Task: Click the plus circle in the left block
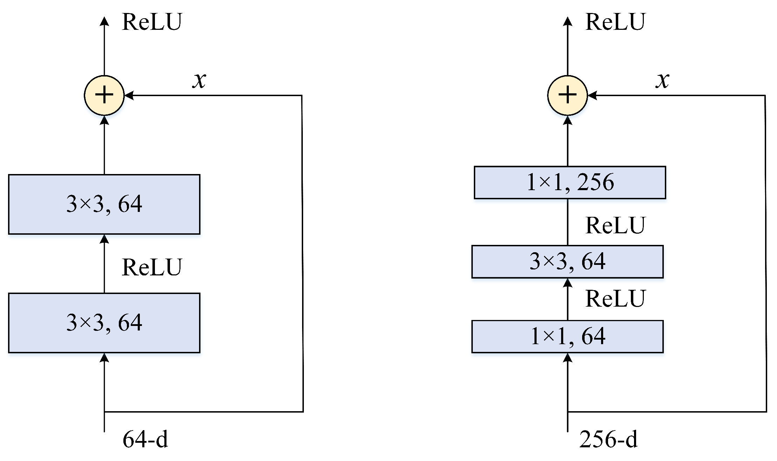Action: tap(104, 95)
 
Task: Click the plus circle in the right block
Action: tap(567, 95)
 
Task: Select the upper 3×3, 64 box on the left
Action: tap(104, 204)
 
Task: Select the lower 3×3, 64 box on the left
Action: tap(104, 323)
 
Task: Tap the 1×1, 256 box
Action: tap(570, 182)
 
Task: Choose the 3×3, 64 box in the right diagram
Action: tap(567, 262)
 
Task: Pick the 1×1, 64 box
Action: tap(567, 336)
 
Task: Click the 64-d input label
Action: tap(145, 439)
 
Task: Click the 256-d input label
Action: tap(608, 439)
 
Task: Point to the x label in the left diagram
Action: tap(199, 80)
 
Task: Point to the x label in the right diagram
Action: tap(662, 80)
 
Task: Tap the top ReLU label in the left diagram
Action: tap(152, 22)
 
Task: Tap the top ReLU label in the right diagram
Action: tap(615, 22)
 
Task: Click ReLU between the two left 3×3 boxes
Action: tap(152, 267)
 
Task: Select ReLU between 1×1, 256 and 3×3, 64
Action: tap(615, 225)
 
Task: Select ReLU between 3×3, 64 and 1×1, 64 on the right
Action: tap(615, 299)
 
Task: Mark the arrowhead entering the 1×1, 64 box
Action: tap(567, 358)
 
